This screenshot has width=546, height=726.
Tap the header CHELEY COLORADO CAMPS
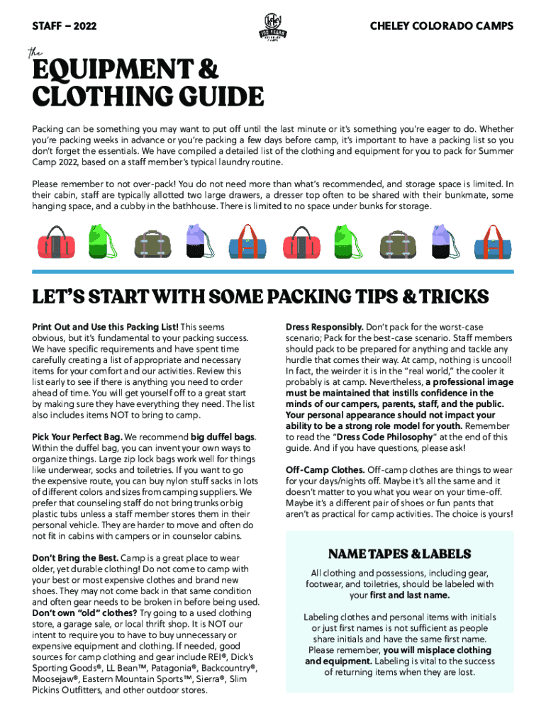point(442,26)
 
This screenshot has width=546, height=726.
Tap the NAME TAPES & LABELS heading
point(399,554)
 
